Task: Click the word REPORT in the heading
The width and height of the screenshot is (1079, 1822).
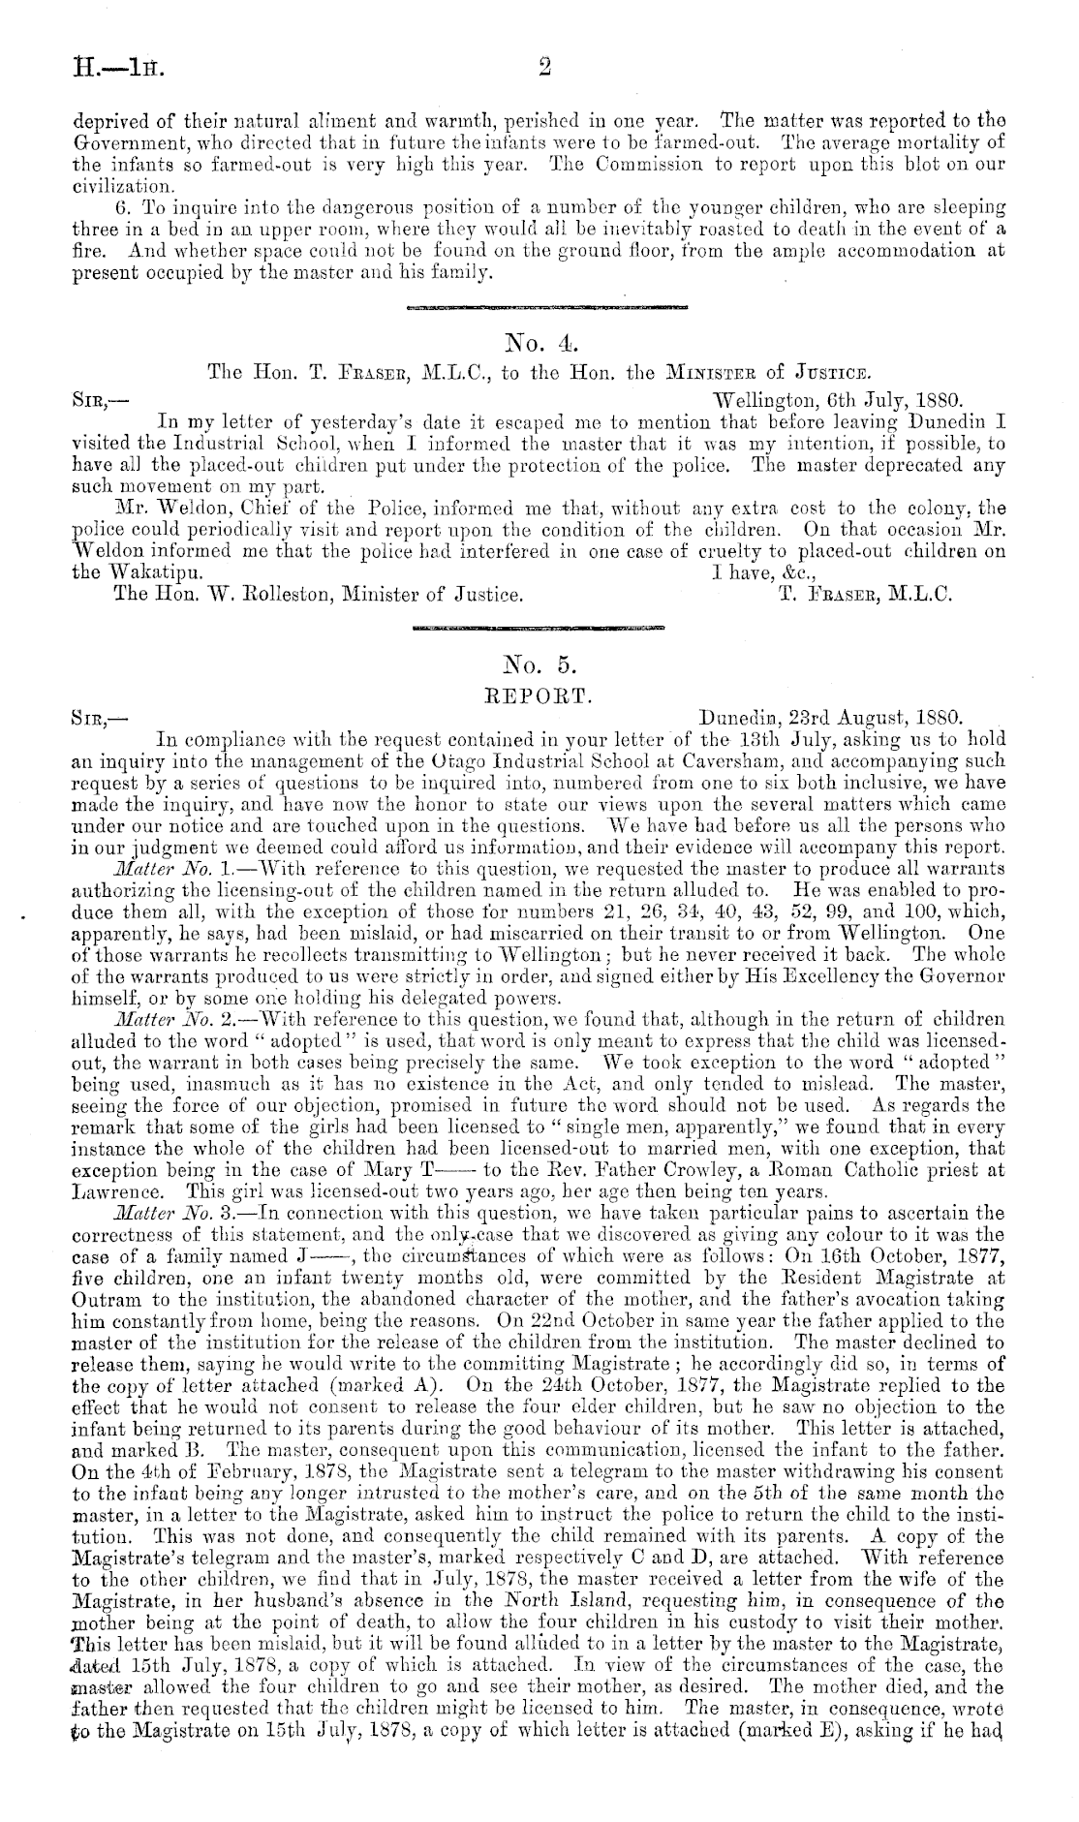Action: coord(539,694)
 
